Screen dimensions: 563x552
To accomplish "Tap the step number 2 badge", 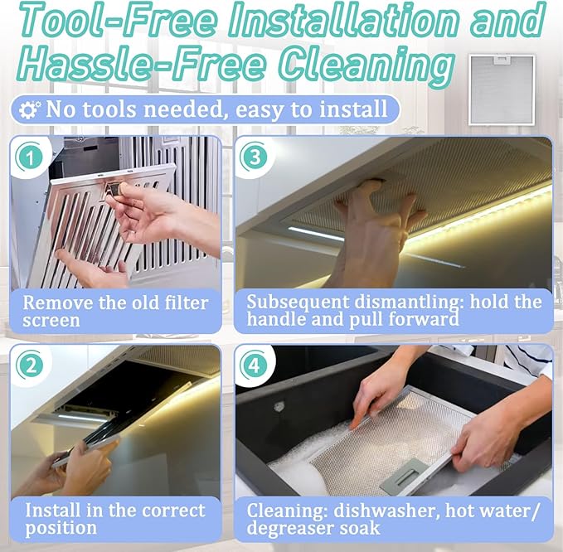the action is pos(30,366).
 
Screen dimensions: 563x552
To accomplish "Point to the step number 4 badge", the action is pos(255,366).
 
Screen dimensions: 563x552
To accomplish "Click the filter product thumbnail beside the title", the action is pos(502,90).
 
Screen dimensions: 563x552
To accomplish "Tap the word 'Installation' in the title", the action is pos(344,21).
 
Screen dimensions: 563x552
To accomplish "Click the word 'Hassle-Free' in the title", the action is pos(142,65).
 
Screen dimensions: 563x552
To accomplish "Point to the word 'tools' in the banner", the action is pos(109,109).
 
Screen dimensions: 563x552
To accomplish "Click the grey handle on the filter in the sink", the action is pos(404,475).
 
